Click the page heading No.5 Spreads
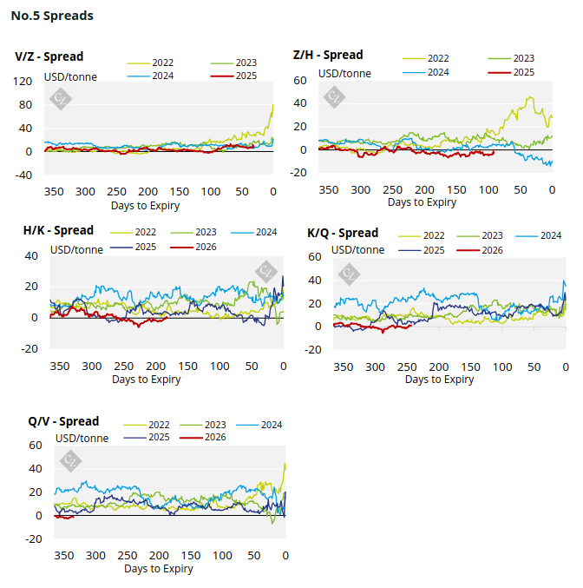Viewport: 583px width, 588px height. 52,16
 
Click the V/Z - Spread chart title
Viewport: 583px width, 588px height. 49,56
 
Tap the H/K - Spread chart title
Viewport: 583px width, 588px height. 58,231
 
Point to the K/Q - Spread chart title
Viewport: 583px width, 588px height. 343,233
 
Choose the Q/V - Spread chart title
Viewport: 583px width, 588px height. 63,421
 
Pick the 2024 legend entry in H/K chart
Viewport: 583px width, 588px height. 266,233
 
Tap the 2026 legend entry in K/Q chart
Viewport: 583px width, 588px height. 492,250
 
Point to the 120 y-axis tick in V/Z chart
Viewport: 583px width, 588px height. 23,82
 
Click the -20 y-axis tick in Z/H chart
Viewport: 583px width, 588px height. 299,173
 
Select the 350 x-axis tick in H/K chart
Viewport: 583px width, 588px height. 59,367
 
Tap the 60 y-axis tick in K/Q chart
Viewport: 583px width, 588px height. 315,257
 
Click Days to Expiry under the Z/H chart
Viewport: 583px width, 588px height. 422,202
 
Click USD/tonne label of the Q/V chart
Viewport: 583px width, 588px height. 82,439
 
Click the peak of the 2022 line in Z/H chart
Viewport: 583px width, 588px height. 529,97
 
